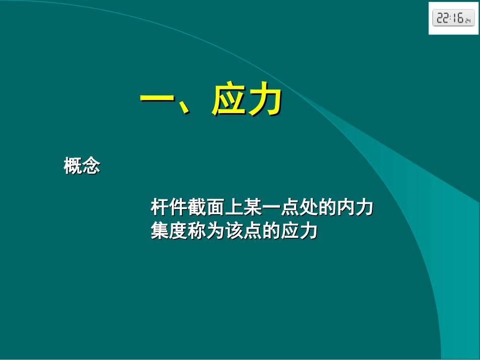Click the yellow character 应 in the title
point(229,99)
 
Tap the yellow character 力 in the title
point(264,99)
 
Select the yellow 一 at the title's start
point(158,99)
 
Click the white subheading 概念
point(82,166)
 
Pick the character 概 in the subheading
point(73,166)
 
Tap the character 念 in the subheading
point(91,166)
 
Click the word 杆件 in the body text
point(169,208)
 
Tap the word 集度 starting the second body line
point(169,231)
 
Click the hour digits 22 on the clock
point(443,19)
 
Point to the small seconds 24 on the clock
point(468,21)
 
